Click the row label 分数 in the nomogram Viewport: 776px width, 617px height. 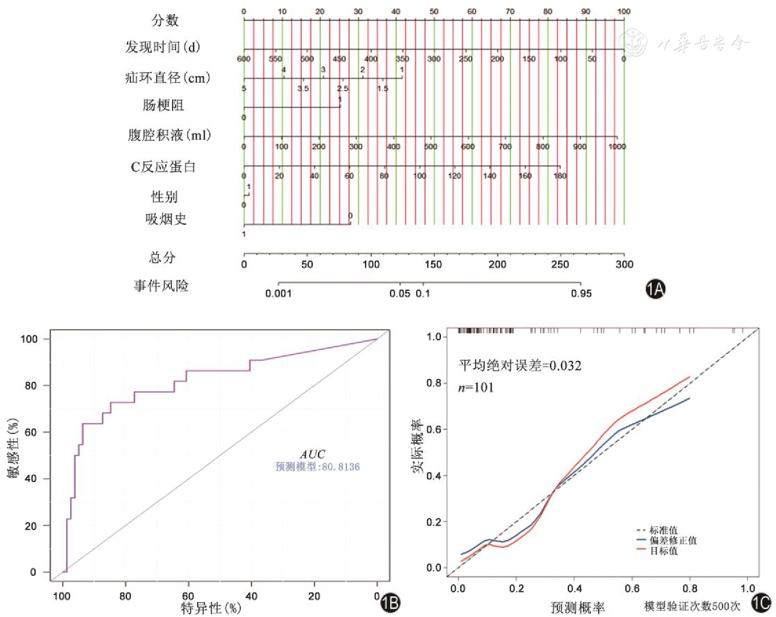(x=165, y=20)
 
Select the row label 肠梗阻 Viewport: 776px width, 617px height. (x=163, y=105)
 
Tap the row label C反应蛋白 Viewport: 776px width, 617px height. (x=163, y=167)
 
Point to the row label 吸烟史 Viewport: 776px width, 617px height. (x=166, y=219)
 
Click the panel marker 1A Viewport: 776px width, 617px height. (x=655, y=289)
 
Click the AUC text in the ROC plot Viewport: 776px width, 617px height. (x=313, y=455)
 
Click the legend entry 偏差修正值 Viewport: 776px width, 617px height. (x=673, y=541)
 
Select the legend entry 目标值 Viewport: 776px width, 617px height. (x=663, y=551)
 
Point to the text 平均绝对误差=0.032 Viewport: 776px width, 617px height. (x=520, y=366)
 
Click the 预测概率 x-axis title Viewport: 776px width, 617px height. (x=578, y=608)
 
